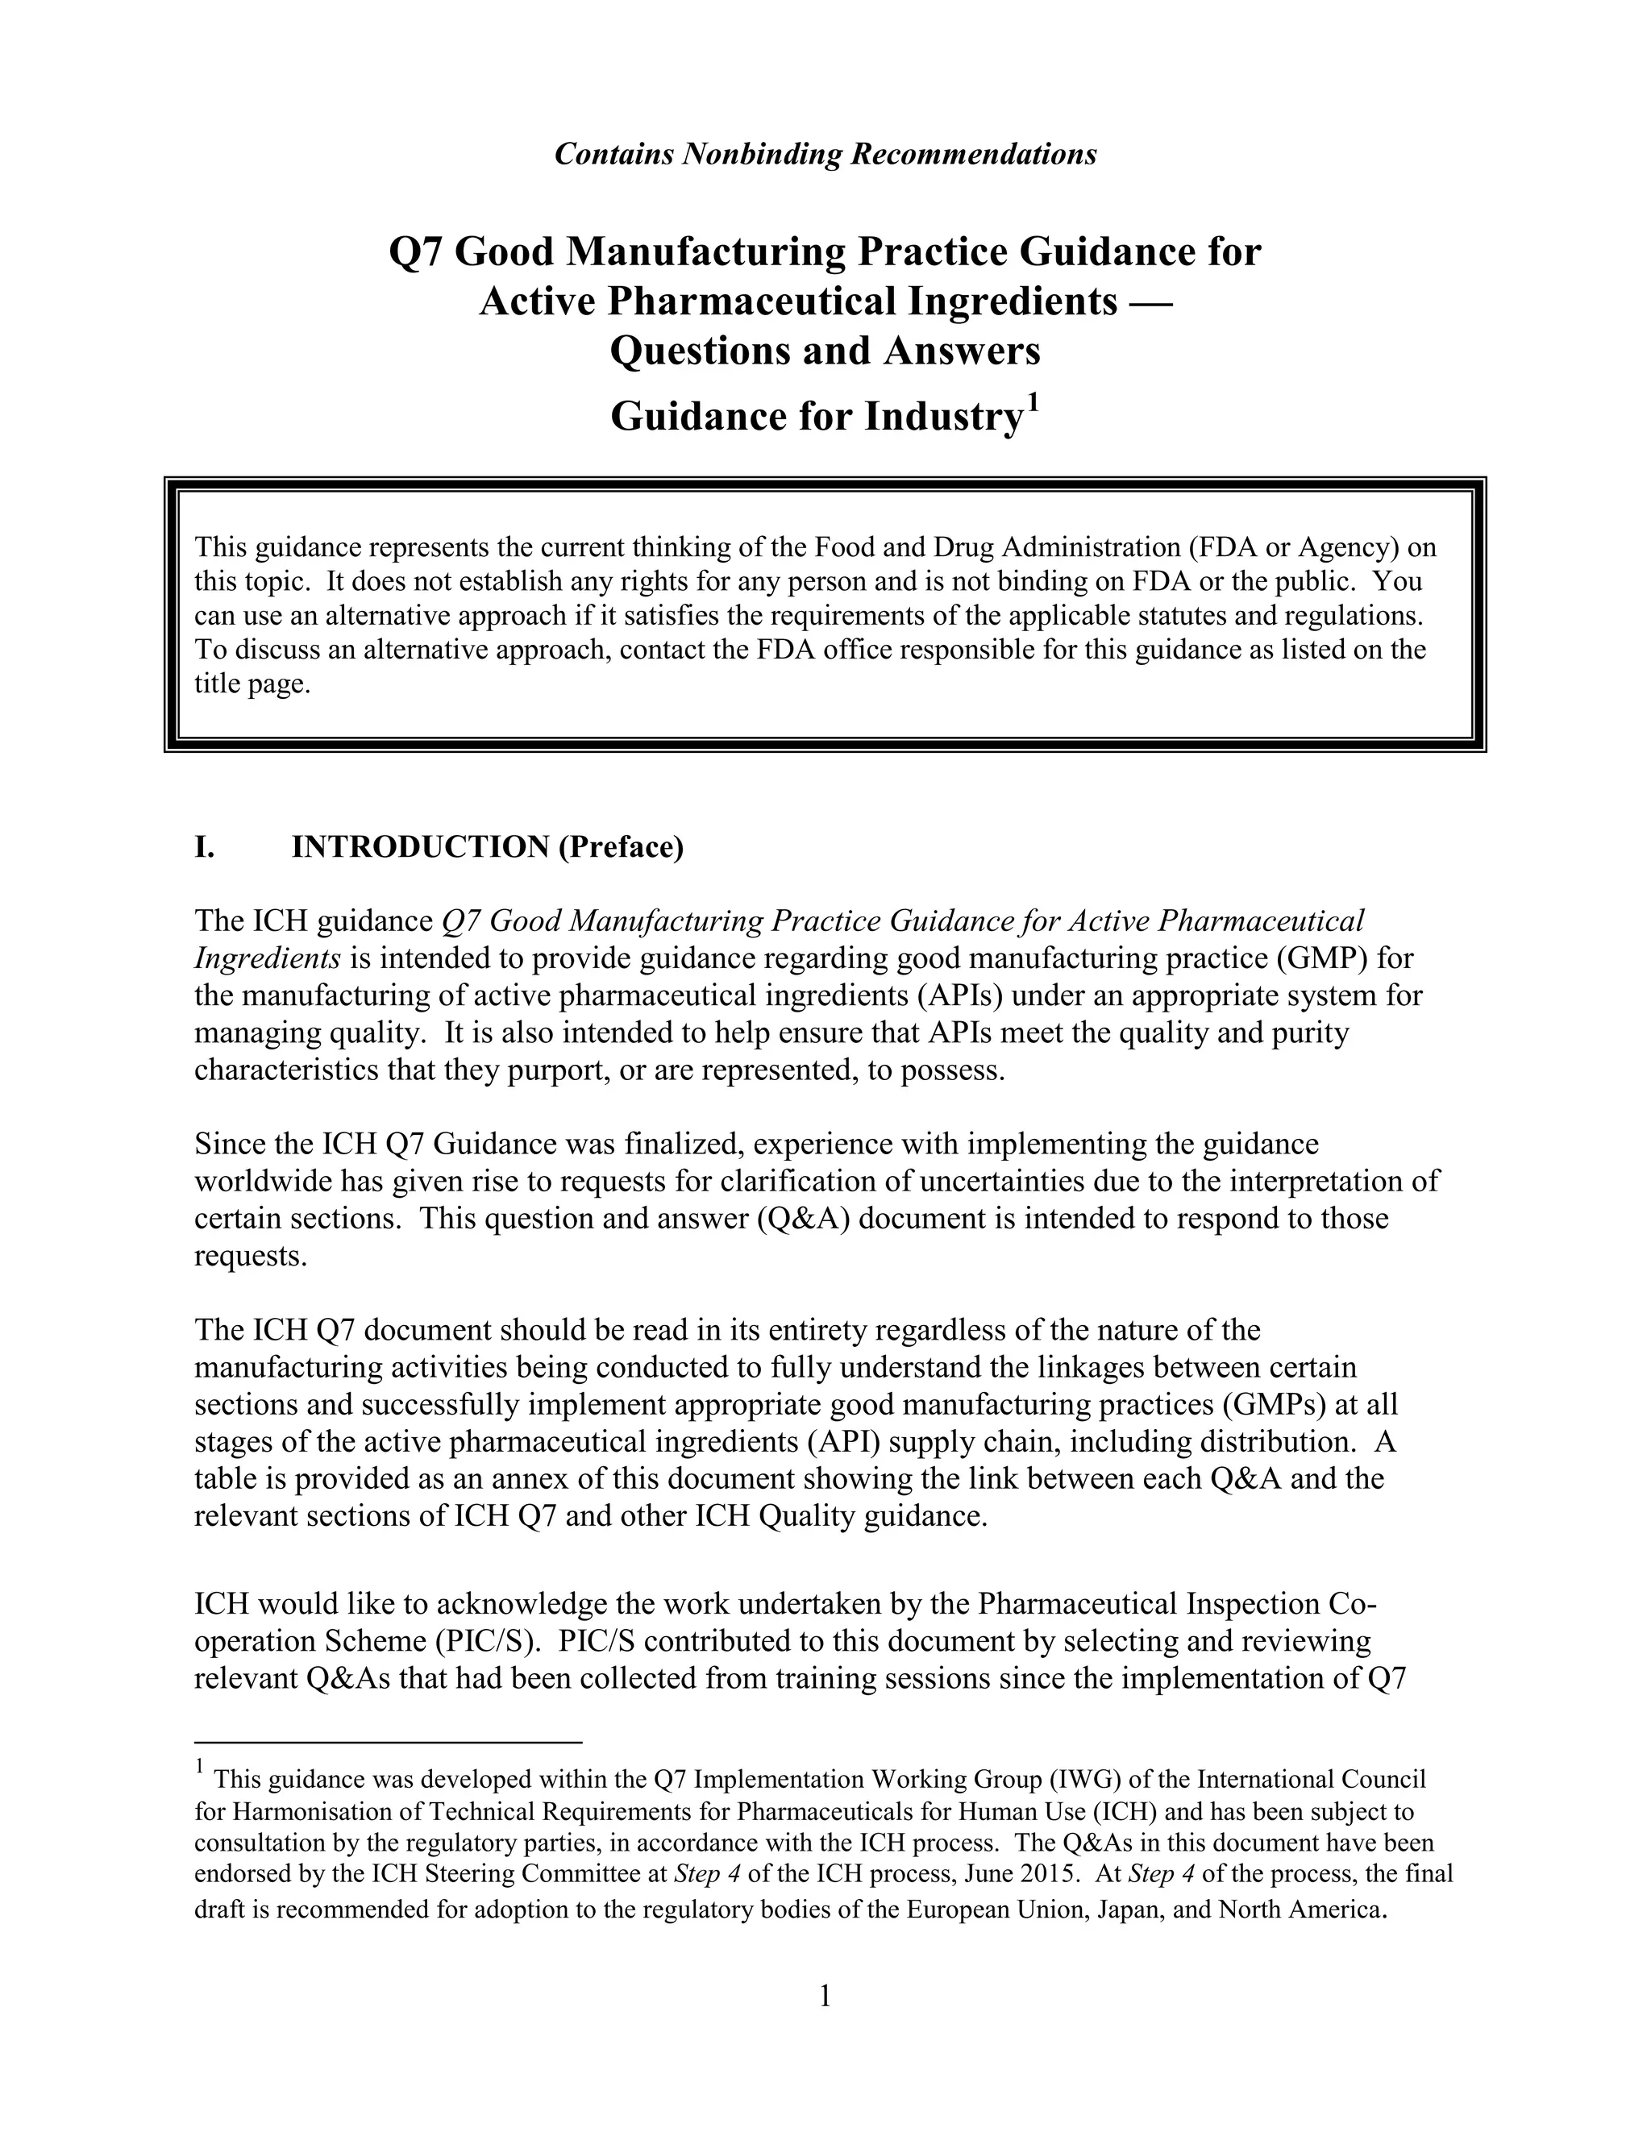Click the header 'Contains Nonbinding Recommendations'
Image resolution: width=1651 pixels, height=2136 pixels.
(x=825, y=155)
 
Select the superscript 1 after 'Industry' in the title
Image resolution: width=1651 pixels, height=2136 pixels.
(x=1032, y=404)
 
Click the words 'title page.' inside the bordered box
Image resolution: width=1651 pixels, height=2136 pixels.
(x=252, y=684)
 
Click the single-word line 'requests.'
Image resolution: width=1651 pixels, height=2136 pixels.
(x=251, y=1256)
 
